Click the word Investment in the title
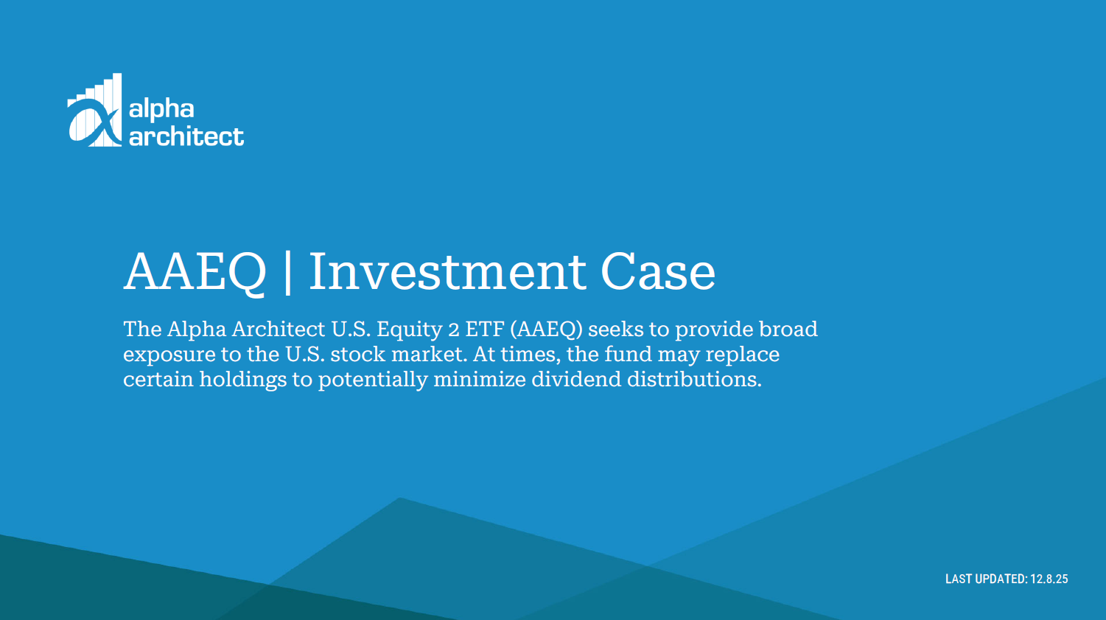[447, 272]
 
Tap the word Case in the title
[658, 272]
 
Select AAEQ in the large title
[195, 272]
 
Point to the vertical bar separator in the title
[287, 272]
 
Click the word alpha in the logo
[161, 109]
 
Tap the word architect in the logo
[186, 136]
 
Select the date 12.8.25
[1049, 579]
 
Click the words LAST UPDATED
[985, 579]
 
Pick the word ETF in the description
[484, 329]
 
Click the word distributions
[693, 379]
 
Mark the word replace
[742, 355]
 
